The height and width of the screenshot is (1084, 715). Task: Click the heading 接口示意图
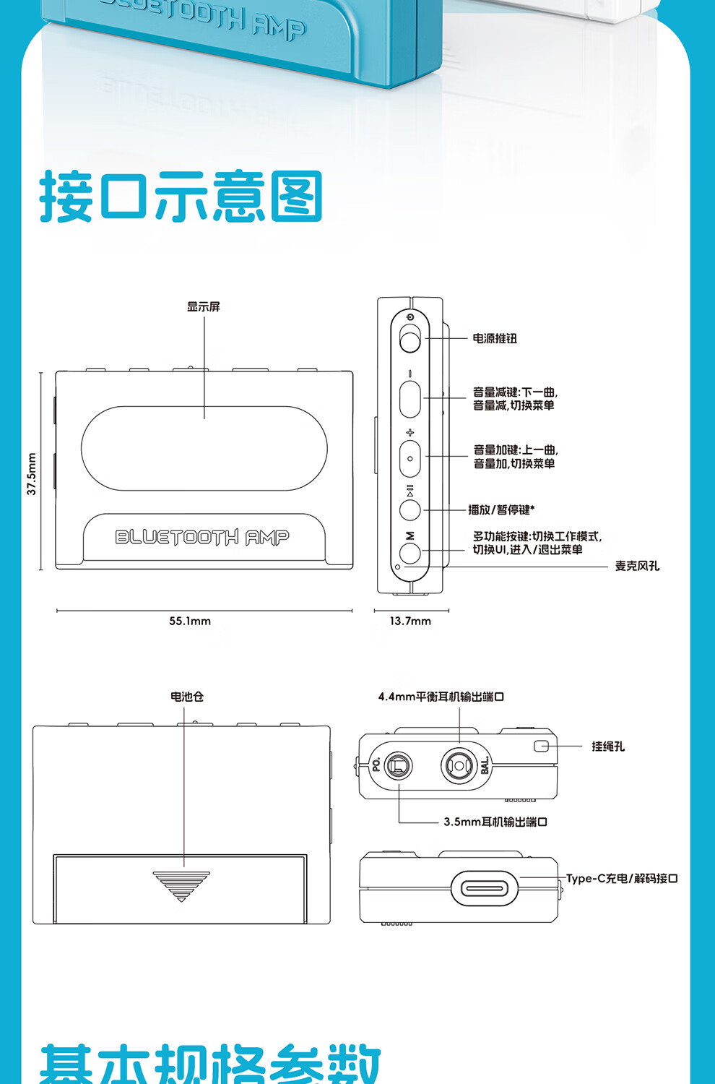pos(181,197)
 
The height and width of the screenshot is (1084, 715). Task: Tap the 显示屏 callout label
pos(204,307)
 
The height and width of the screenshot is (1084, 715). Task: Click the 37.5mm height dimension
pos(32,474)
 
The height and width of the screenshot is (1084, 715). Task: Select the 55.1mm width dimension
pos(190,621)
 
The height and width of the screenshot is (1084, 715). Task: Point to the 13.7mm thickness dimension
pos(410,621)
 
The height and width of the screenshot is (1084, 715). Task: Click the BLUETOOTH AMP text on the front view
pos(202,537)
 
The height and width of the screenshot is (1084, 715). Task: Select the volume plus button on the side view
pos(410,458)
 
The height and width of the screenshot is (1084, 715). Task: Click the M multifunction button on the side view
pos(410,554)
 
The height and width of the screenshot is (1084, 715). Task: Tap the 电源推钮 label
pos(495,339)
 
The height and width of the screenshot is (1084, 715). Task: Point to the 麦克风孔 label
pos(637,566)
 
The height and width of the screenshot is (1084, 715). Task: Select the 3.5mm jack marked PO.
pos(398,765)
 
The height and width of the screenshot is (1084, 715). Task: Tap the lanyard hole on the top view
pos(542,746)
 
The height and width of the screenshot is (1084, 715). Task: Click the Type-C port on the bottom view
pos(485,888)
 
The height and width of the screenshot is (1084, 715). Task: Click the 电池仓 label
pos(187,697)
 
